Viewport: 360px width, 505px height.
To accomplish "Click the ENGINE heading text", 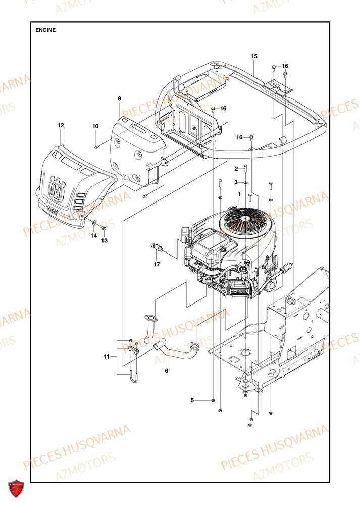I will coord(45,30).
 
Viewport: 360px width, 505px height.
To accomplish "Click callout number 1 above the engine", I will coord(239,194).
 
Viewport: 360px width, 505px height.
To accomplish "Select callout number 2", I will coord(235,168).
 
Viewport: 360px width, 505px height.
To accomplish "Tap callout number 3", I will coord(235,182).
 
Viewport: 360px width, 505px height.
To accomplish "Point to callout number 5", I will coord(192,400).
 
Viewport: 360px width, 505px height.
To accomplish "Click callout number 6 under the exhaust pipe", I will coord(166,370).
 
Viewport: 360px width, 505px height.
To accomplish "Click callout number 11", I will coord(107,357).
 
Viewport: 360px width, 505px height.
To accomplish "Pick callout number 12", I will coord(61,125).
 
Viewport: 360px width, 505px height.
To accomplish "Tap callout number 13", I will coord(105,240).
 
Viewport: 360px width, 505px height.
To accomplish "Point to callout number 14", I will coord(93,236).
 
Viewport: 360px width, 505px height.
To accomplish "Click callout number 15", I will coord(253,55).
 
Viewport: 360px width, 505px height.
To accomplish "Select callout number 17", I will coord(157,264).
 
